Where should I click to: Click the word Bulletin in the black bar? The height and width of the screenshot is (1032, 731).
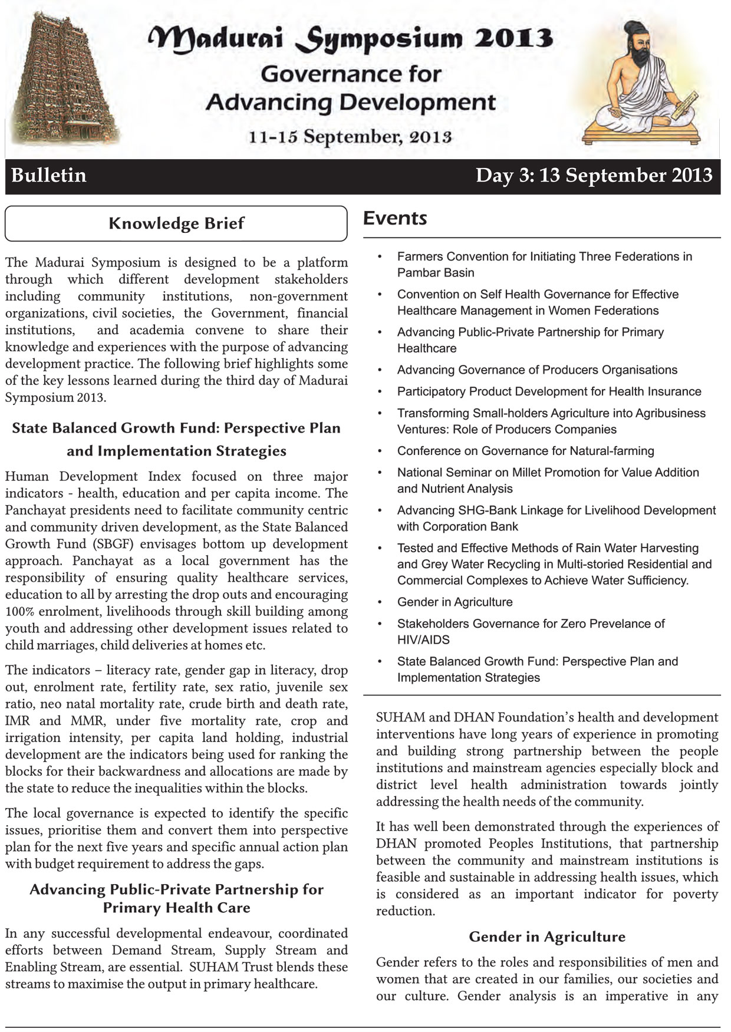point(49,176)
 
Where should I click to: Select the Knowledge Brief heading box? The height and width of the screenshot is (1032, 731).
point(176,223)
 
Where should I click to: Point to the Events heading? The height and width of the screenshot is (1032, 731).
point(395,218)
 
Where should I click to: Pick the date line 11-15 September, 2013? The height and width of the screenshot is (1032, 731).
point(350,137)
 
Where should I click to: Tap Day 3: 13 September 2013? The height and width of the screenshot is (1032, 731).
point(594,176)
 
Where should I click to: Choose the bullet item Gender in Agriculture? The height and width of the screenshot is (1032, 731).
point(455,602)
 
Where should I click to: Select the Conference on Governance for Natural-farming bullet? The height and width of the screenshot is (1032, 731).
point(525,451)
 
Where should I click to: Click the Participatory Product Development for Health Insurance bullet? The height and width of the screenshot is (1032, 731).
point(549,392)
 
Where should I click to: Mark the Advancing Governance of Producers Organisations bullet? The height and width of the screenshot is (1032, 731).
point(537,370)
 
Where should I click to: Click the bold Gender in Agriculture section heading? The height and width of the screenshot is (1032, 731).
point(547,937)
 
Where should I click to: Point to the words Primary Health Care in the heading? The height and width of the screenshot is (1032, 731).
point(177,908)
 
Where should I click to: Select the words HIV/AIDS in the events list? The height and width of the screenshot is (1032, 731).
point(423,640)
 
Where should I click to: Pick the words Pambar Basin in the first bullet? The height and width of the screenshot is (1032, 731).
point(436,273)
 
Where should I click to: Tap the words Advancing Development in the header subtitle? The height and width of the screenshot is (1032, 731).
point(351,103)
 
